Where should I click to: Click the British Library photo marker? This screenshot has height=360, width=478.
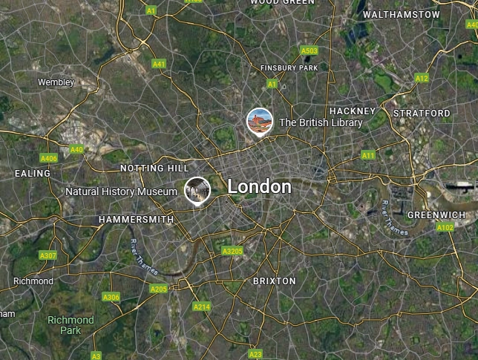(260, 121)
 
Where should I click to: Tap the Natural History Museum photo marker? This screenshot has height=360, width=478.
(197, 190)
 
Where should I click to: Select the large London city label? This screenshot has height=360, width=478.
(259, 186)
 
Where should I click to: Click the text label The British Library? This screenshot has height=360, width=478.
(321, 122)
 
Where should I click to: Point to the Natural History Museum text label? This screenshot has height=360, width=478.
(121, 192)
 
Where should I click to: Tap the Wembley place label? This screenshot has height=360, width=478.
(56, 82)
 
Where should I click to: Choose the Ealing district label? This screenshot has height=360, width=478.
(33, 173)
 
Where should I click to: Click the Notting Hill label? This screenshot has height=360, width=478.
(154, 168)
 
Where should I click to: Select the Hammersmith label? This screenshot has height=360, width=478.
(136, 220)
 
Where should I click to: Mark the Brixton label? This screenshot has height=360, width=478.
(274, 281)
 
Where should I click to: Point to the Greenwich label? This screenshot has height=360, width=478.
(436, 215)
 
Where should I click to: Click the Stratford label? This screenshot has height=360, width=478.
(422, 113)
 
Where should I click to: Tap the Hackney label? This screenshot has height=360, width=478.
(353, 111)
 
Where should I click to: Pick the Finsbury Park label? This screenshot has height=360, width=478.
(289, 68)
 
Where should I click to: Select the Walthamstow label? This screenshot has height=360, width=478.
(402, 14)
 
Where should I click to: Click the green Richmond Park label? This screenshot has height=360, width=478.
(71, 325)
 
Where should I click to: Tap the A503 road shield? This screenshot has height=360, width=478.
(310, 51)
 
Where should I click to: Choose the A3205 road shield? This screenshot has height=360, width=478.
(232, 252)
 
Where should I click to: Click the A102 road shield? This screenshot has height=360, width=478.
(445, 227)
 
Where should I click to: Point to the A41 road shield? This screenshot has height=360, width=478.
(159, 65)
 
